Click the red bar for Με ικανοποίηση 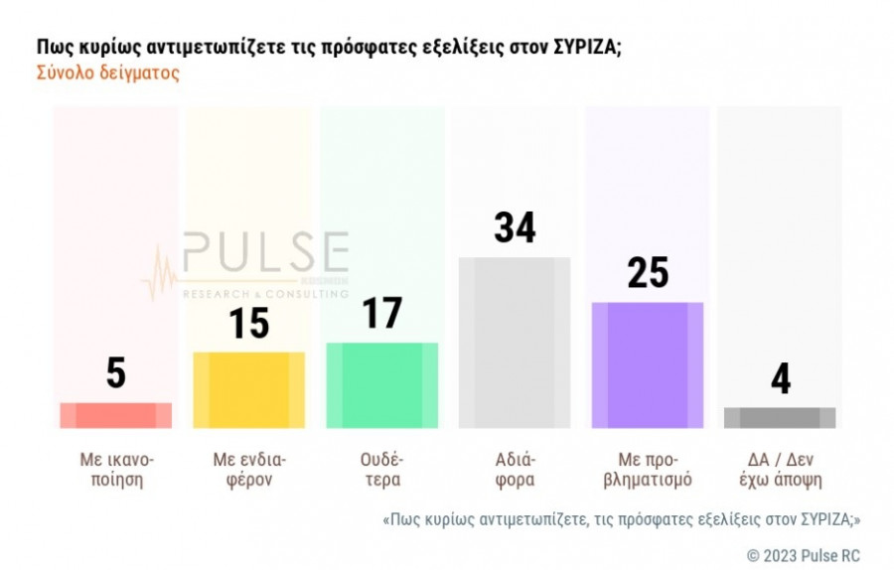[x=116, y=415]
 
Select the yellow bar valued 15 [x=249, y=389]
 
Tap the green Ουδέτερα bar [x=382, y=385]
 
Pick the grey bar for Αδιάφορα [x=515, y=343]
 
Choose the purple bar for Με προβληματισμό [x=648, y=364]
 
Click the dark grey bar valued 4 [x=780, y=417]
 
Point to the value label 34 [x=515, y=228]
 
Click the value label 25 [x=648, y=273]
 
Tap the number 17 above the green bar [x=382, y=314]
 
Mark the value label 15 [x=249, y=324]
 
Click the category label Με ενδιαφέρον [x=249, y=470]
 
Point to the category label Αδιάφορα [x=515, y=470]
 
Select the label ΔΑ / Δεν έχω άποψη [x=780, y=470]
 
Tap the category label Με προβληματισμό [x=648, y=470]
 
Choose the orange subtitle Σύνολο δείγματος [x=107, y=74]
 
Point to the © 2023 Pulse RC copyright [x=804, y=554]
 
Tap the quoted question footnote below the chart [x=621, y=519]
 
